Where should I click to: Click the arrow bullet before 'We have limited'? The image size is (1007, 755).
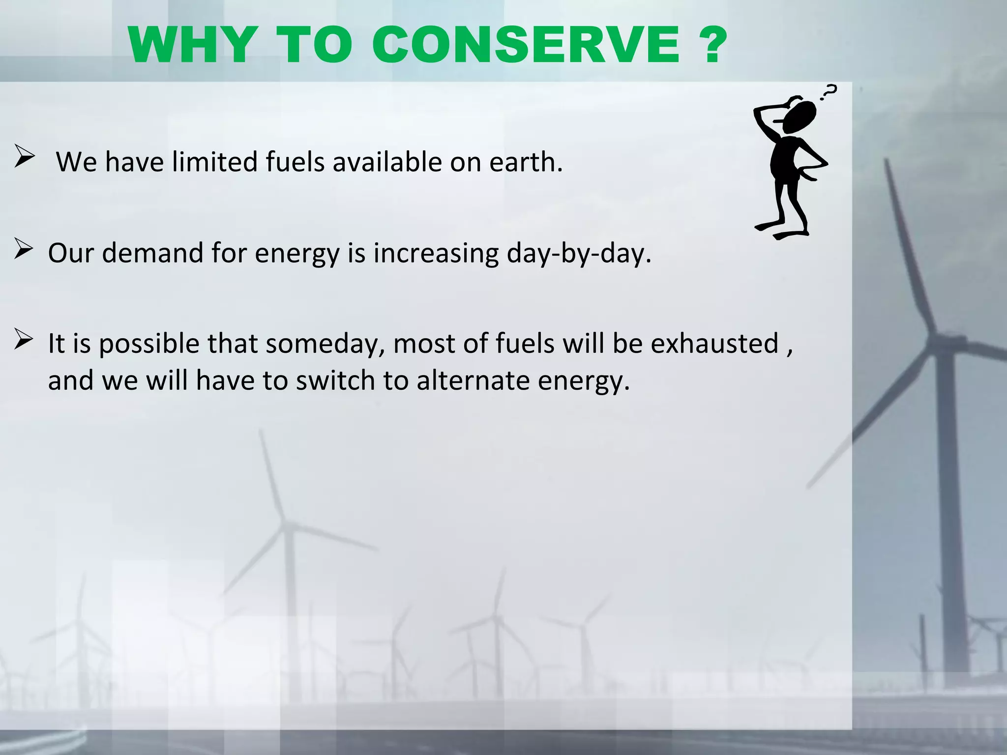pyautogui.click(x=24, y=156)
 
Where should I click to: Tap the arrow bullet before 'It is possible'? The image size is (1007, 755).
pyautogui.click(x=24, y=339)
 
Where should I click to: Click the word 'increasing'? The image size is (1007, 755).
pyautogui.click(x=436, y=254)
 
